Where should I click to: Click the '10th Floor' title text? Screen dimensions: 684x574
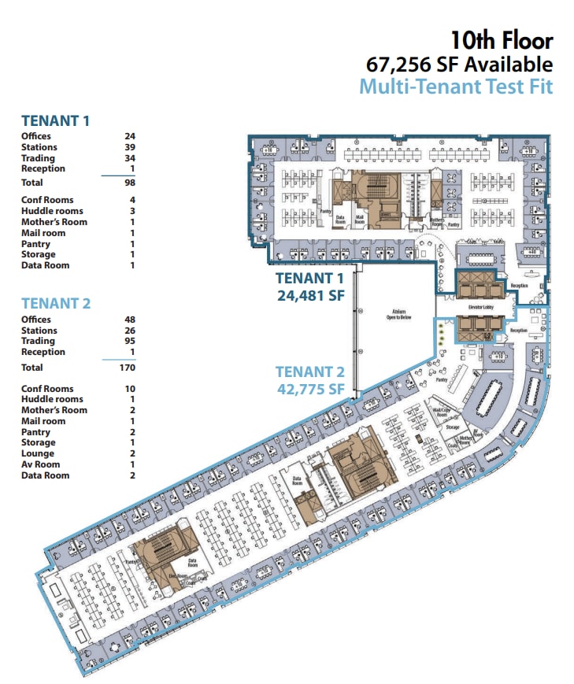click(501, 40)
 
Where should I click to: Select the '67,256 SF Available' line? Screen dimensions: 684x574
click(459, 65)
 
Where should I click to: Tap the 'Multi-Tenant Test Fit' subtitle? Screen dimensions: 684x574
click(456, 86)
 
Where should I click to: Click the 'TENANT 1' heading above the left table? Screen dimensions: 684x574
click(55, 120)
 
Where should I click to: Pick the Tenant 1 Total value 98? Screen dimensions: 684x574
click(129, 183)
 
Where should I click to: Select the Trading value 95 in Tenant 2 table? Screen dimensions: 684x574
click(129, 341)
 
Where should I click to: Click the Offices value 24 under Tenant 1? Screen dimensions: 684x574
click(129, 136)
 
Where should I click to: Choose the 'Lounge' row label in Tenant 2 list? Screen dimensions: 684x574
click(37, 453)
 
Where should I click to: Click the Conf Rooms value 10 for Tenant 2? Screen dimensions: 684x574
click(129, 389)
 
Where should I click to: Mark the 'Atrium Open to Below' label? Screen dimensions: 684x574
click(394, 314)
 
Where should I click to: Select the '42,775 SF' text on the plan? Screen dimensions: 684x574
click(310, 389)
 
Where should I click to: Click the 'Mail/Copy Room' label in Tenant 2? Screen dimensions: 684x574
click(441, 412)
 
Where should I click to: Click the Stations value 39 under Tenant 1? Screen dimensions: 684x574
click(129, 147)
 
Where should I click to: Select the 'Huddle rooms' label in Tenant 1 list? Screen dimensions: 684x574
click(51, 211)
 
